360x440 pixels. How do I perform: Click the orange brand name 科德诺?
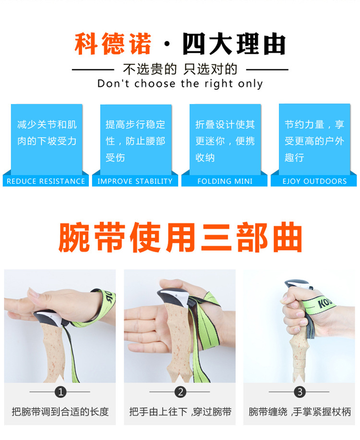click(113, 45)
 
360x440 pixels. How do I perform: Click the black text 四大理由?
click(234, 45)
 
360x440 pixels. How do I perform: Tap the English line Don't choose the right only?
click(180, 83)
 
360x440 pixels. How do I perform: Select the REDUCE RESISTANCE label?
click(46, 181)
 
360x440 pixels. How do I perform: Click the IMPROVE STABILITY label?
click(135, 181)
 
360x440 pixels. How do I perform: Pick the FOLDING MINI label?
click(225, 181)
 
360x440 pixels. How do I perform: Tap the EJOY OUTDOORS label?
click(314, 181)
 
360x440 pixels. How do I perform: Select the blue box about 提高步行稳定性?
click(135, 139)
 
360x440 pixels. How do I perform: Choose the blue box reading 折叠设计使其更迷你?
click(225, 139)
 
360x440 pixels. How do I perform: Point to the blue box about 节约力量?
click(314, 139)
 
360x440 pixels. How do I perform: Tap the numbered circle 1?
click(60, 392)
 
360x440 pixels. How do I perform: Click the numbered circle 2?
click(180, 392)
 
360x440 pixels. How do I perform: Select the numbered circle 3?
click(300, 392)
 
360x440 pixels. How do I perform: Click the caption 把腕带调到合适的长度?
click(60, 411)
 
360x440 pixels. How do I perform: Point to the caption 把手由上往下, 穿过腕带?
click(180, 411)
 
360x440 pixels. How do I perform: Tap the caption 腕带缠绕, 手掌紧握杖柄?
click(300, 411)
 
